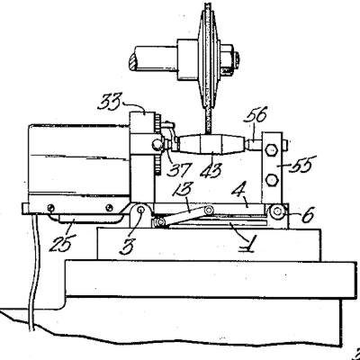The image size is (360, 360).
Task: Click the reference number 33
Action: coord(109,102)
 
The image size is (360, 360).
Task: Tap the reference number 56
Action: coord(256,115)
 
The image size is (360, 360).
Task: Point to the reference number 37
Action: coord(180,169)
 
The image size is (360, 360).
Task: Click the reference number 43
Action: coord(211,170)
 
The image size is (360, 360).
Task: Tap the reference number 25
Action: coord(61,241)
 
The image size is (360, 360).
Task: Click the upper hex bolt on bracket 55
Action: coord(271,149)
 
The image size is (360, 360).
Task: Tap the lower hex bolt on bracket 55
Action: coord(272,180)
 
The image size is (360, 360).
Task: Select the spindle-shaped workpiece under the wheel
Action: coord(211,145)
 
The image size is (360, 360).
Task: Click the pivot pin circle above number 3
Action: coord(140,211)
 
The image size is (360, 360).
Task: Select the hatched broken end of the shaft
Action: coord(132,61)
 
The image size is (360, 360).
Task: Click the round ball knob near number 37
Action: coord(157,146)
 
